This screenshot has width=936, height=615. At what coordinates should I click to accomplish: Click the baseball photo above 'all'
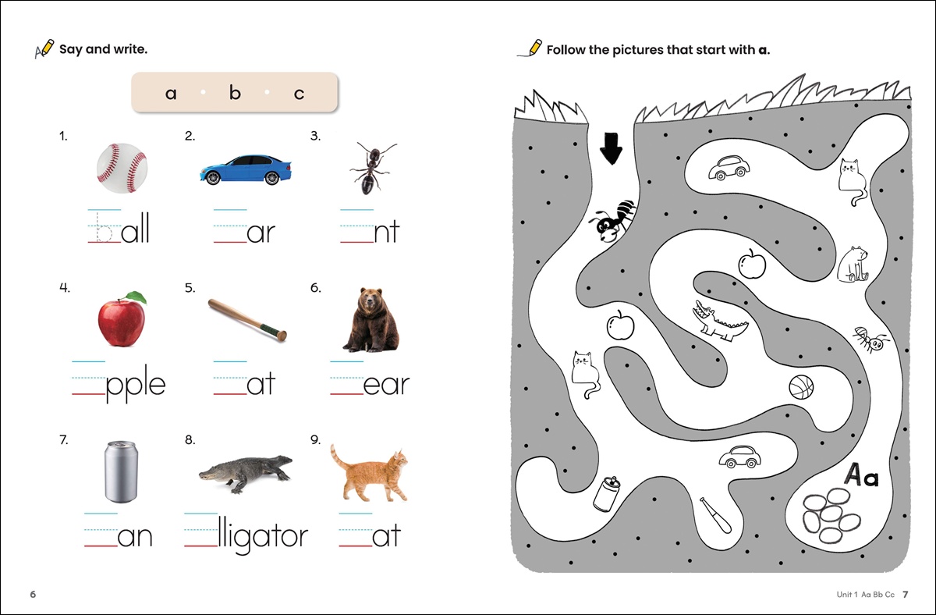point(122,168)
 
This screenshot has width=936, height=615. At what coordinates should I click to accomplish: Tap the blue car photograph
point(246,169)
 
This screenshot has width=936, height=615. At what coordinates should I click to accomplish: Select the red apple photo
point(122,319)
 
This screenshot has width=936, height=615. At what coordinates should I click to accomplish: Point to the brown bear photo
point(370,320)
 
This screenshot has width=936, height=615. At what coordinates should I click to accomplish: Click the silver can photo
point(121,471)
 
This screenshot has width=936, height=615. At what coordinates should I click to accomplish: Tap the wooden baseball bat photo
point(247,319)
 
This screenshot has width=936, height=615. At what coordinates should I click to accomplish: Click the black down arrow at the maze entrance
point(611,149)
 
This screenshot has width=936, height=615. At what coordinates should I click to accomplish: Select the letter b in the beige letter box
point(235,92)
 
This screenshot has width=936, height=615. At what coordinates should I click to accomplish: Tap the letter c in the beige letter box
point(299,94)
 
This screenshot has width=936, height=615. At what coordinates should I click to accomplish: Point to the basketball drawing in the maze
point(801,387)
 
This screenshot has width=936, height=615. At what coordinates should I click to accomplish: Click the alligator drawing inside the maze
point(718,320)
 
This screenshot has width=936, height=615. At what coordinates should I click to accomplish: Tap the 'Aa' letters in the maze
point(861,475)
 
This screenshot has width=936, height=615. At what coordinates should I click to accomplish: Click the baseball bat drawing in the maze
point(716,516)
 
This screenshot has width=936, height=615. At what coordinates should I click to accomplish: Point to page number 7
point(905,594)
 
